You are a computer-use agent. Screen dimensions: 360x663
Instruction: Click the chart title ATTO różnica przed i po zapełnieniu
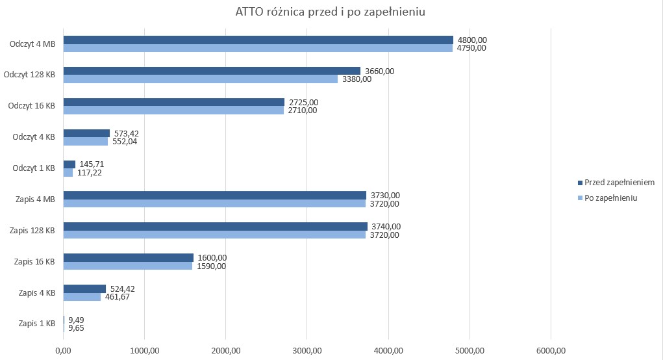coord(331,12)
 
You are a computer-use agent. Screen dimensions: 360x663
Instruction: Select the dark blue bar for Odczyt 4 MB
coord(258,40)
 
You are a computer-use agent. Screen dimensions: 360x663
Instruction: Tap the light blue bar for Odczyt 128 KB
coord(200,79)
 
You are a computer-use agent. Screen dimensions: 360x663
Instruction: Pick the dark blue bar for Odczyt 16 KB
coord(173,102)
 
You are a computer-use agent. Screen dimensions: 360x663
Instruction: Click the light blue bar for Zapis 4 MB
coord(214,203)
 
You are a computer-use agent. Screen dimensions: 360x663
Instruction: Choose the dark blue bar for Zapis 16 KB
coord(128,257)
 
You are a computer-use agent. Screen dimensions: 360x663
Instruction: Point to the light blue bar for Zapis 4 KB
coord(82,297)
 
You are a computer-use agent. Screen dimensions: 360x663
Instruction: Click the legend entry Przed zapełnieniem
coord(619,183)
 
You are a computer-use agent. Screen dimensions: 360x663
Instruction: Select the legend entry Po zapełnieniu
coord(610,198)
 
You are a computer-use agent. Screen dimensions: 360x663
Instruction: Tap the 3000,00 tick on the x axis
coord(307,351)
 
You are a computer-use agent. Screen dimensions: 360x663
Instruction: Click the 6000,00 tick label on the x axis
coord(551,351)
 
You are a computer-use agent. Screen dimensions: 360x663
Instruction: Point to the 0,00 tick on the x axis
coord(63,351)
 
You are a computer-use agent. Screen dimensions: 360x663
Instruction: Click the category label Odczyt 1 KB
coord(33,168)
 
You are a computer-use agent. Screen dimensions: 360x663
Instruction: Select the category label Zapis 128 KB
coord(31,231)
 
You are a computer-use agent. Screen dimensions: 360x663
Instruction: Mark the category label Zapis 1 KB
coord(36,324)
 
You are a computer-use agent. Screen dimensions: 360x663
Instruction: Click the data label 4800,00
coord(472,40)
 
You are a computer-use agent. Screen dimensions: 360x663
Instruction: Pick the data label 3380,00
coord(357,79)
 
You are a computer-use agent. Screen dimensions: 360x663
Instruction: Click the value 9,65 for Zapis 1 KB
coord(76,328)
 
